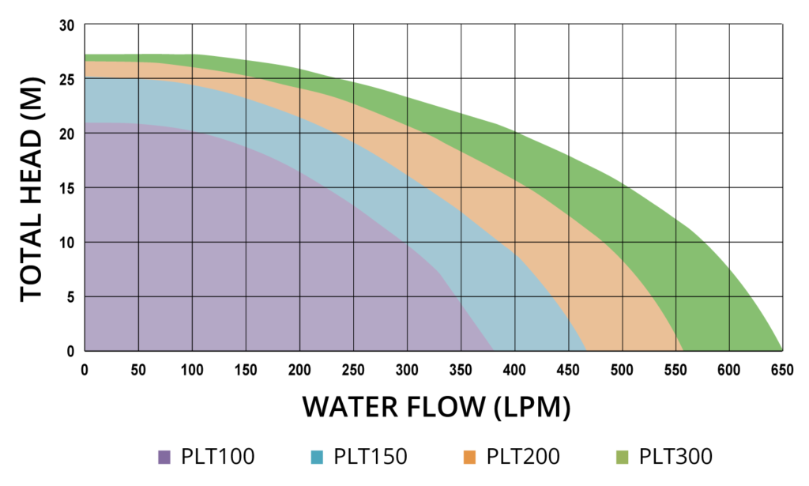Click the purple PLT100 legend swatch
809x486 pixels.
tap(164, 456)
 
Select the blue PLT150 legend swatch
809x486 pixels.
tap(317, 456)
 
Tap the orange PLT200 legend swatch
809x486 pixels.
tap(469, 456)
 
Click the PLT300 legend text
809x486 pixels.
tap(675, 456)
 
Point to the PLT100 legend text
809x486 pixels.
tap(217, 456)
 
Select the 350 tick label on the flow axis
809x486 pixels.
tap(461, 367)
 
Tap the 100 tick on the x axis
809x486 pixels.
tap(192, 367)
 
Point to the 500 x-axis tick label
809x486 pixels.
tap(622, 367)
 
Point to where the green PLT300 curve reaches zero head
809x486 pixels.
tap(782, 350)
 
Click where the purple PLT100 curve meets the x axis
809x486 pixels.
tap(493, 350)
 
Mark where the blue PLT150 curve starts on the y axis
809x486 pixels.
tap(85, 78)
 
